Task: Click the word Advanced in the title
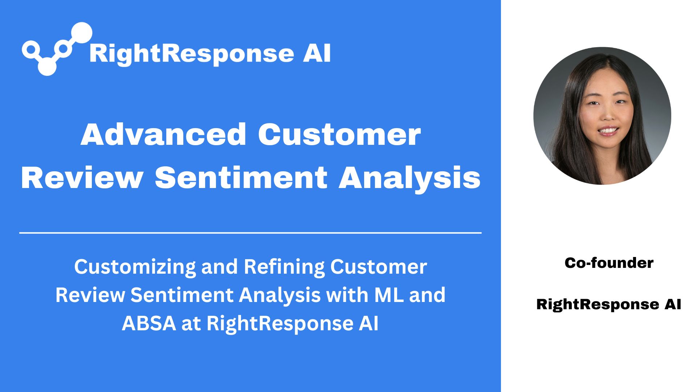coord(163,135)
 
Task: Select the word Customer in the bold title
coord(339,135)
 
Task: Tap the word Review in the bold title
coord(82,178)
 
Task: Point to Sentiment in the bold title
coord(241,178)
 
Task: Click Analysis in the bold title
coord(409,178)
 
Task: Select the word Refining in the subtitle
coord(284,267)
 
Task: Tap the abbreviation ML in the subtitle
coord(389,295)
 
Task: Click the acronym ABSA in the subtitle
coord(149,323)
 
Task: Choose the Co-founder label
coord(609,263)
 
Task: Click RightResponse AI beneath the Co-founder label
coord(609,304)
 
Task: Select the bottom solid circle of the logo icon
coord(47,67)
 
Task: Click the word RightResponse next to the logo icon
coord(191,54)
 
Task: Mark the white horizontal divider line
coord(250,233)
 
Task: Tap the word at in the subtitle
coord(191,323)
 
